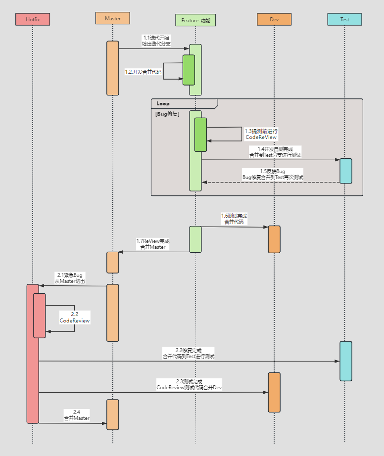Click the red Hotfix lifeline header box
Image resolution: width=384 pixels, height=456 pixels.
pyautogui.click(x=33, y=19)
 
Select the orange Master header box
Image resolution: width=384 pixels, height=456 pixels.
pyautogui.click(x=113, y=18)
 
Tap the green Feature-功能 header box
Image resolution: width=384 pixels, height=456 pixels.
pyautogui.click(x=195, y=20)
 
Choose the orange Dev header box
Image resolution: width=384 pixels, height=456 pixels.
pyautogui.click(x=274, y=19)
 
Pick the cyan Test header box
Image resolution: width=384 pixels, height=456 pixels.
pyautogui.click(x=344, y=19)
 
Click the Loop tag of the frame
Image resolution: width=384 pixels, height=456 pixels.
pyautogui.click(x=163, y=104)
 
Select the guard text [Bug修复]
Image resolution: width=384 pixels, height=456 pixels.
pyautogui.click(x=167, y=114)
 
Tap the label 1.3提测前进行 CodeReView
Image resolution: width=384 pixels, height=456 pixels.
pyautogui.click(x=261, y=134)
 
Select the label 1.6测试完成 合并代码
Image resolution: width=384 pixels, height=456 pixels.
pyautogui.click(x=234, y=219)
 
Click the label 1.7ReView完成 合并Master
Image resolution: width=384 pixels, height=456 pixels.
pyautogui.click(x=152, y=244)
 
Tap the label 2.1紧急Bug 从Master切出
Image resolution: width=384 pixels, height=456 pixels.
pyautogui.click(x=70, y=277)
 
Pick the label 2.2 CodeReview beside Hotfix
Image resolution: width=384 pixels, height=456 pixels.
pyautogui.click(x=75, y=318)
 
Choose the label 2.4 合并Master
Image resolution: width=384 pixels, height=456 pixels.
pyautogui.click(x=77, y=415)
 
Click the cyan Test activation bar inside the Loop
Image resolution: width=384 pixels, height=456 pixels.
pyautogui.click(x=345, y=171)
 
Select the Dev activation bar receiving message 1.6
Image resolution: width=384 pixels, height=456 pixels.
pyautogui.click(x=274, y=239)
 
